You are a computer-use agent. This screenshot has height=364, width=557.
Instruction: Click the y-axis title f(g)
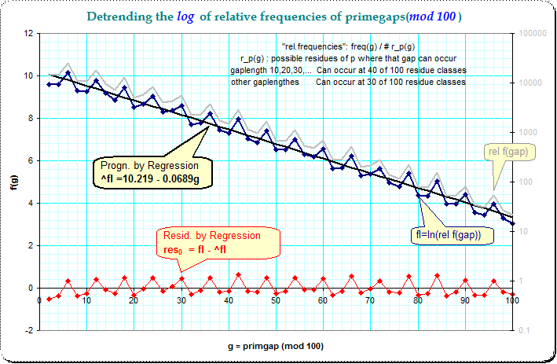(13, 182)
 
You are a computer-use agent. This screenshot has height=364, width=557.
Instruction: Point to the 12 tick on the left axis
(28, 34)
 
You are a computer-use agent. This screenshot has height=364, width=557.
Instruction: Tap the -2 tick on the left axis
(28, 331)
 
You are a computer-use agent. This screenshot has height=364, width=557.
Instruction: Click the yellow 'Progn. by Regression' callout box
(148, 172)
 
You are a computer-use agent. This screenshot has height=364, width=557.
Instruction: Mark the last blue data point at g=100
(512, 223)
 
